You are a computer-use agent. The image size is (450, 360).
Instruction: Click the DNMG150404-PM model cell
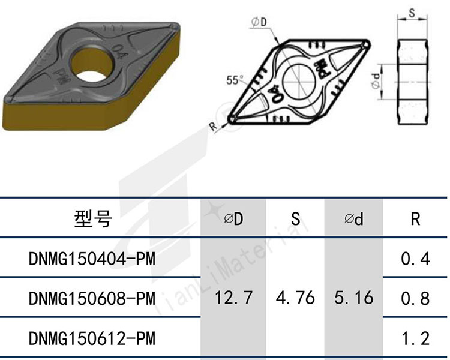[92, 259]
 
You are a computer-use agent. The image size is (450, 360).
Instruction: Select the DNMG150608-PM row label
[92, 298]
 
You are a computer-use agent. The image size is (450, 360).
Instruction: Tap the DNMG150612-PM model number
[92, 338]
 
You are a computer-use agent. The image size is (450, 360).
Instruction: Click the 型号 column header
[93, 219]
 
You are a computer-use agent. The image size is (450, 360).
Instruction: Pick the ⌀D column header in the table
[233, 219]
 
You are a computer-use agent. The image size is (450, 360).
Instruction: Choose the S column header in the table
[296, 219]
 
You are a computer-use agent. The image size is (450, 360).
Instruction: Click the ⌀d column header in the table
[354, 219]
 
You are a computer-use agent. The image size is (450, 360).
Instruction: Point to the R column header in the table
[415, 219]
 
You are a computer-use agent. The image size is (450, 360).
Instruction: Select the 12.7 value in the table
[233, 298]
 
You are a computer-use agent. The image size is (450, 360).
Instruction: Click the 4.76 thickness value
[296, 298]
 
